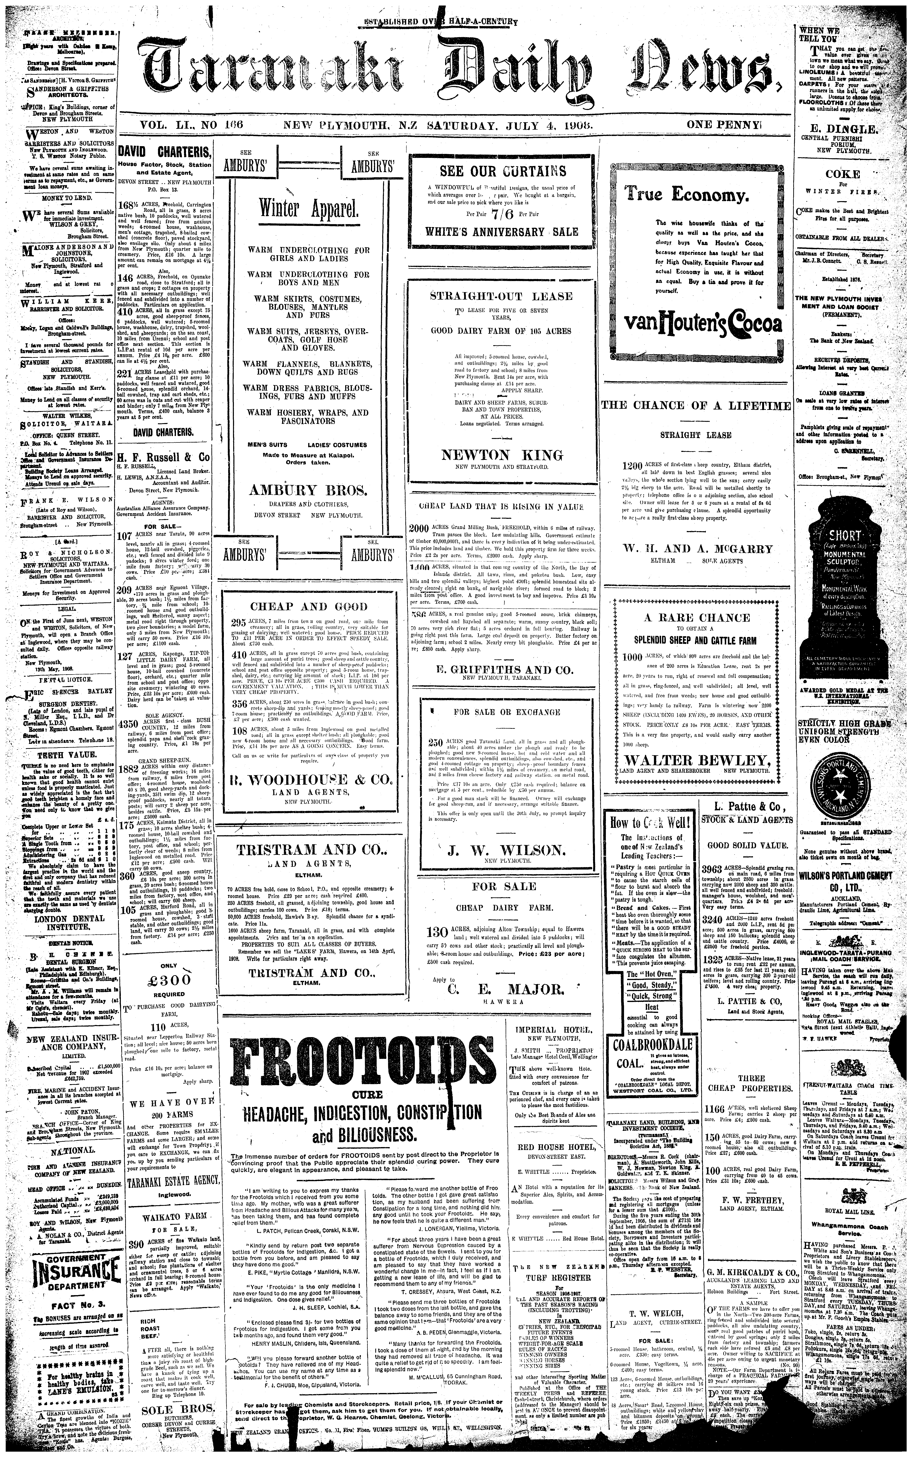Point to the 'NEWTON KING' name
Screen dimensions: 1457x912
tap(502, 455)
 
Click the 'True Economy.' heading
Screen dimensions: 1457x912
tap(686, 195)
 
